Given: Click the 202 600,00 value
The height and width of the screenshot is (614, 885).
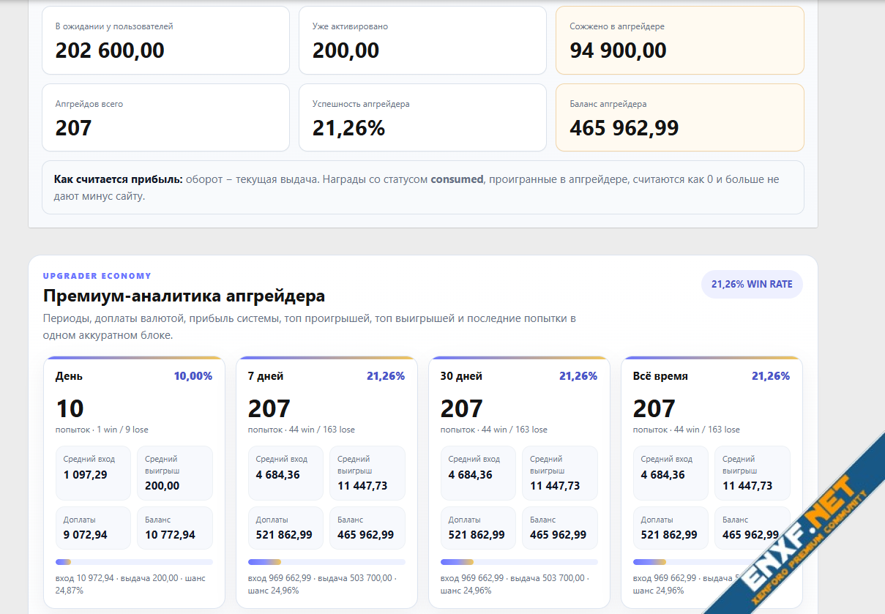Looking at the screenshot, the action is pyautogui.click(x=110, y=50).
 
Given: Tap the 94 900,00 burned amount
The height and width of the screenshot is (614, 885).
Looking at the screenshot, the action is pyautogui.click(x=618, y=50).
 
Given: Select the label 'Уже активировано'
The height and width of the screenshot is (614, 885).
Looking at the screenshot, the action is pyautogui.click(x=350, y=26).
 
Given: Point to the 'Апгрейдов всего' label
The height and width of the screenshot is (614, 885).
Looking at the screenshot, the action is pyautogui.click(x=89, y=104).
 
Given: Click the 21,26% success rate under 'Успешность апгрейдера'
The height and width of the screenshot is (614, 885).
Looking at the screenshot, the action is pyautogui.click(x=348, y=128).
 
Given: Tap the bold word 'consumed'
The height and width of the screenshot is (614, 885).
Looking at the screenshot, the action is pyautogui.click(x=457, y=179).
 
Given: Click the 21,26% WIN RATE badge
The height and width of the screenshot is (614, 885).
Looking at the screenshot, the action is pyautogui.click(x=752, y=284).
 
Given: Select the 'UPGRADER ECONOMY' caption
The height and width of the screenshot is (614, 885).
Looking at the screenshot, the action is pyautogui.click(x=97, y=276).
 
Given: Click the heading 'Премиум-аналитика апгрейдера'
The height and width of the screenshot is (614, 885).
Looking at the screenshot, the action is pyautogui.click(x=184, y=296).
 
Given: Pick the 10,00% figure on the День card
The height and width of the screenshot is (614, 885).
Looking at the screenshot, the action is pyautogui.click(x=193, y=375).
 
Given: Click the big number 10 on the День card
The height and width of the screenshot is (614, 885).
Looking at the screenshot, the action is pyautogui.click(x=70, y=408).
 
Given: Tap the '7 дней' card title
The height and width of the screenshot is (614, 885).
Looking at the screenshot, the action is pyautogui.click(x=266, y=375).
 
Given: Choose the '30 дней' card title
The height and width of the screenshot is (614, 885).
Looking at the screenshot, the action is pyautogui.click(x=461, y=375).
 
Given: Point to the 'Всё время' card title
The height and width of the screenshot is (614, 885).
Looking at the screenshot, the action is pyautogui.click(x=660, y=375).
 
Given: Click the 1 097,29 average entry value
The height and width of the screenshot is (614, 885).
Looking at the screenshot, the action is pyautogui.click(x=86, y=474).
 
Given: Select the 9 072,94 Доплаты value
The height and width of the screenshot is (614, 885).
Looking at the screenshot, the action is pyautogui.click(x=86, y=534).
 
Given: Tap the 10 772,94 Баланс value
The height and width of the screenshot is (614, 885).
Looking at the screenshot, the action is pyautogui.click(x=170, y=534).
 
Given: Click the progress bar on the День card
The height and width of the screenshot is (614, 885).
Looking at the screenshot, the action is pyautogui.click(x=134, y=562).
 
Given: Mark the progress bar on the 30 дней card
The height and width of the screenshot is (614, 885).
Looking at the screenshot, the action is pyautogui.click(x=519, y=562).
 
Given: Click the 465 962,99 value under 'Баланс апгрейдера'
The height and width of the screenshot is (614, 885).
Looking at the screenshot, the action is pyautogui.click(x=624, y=128).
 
